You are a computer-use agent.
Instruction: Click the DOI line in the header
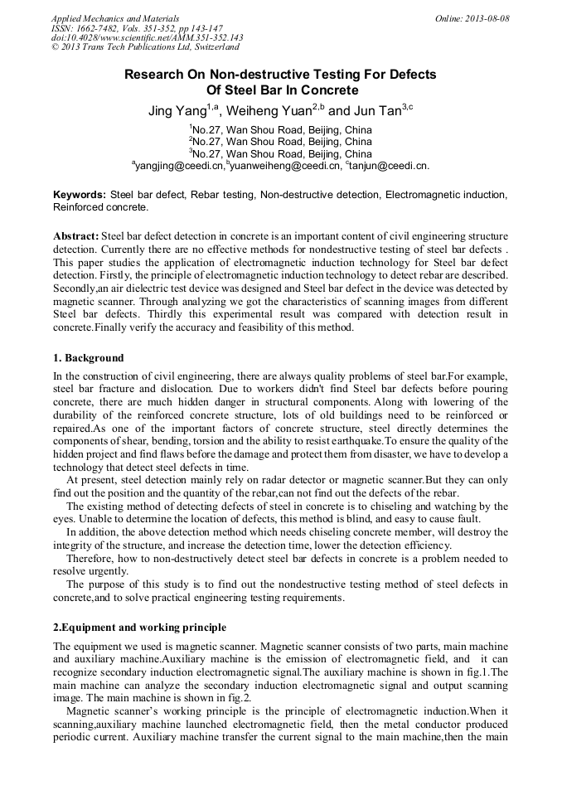pyautogui.click(x=147, y=38)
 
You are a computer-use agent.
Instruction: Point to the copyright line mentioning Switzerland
pyautogui.click(x=145, y=48)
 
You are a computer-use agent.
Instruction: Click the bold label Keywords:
pyautogui.click(x=80, y=195)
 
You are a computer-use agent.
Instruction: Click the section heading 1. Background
pyautogui.click(x=89, y=358)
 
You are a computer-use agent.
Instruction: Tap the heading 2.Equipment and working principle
pyautogui.click(x=139, y=627)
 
